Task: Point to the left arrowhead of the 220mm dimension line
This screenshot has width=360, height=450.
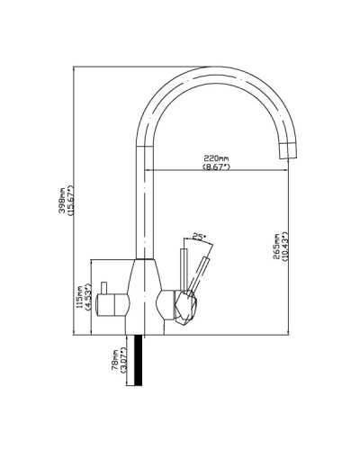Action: point(148,171)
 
